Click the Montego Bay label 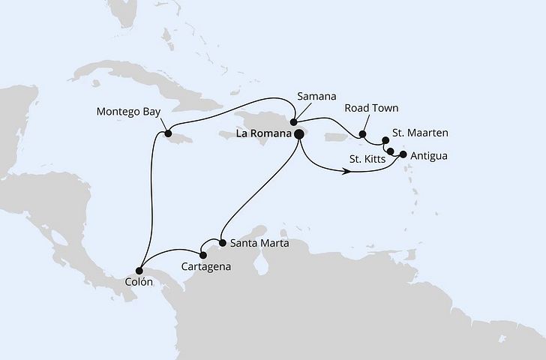[x=128, y=112]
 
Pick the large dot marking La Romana [x=298, y=134]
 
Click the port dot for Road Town [x=362, y=136]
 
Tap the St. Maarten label [x=421, y=133]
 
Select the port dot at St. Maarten [x=385, y=140]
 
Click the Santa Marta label [x=259, y=243]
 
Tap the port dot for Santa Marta [x=223, y=242]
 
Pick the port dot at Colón [x=139, y=270]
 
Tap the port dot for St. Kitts [x=390, y=151]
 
